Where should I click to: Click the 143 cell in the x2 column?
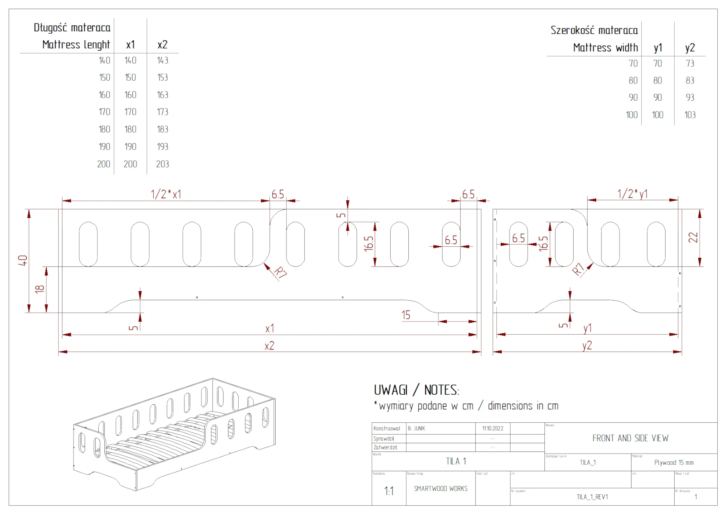tap(163, 60)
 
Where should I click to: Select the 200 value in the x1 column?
tap(130, 164)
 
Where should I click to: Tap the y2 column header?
tap(690, 48)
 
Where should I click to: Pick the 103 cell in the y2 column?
tap(690, 115)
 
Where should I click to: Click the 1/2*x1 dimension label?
tap(166, 194)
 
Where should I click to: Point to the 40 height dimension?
tap(23, 260)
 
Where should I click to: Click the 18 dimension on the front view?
tap(40, 289)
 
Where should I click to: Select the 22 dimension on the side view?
tap(694, 238)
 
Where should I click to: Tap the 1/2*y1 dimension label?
tap(632, 194)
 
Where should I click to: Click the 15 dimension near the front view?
tap(406, 315)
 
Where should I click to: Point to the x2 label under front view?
tap(269, 346)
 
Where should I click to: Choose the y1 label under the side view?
tap(588, 328)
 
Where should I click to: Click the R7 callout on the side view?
tap(578, 269)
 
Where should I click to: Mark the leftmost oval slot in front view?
tap(88, 244)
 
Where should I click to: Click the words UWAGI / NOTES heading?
tap(416, 390)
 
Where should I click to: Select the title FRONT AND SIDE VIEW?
tap(630, 438)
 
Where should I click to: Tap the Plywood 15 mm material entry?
tap(674, 463)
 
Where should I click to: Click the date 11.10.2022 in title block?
tap(493, 428)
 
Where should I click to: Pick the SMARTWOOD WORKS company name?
tap(440, 489)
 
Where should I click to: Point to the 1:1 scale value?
tap(389, 491)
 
